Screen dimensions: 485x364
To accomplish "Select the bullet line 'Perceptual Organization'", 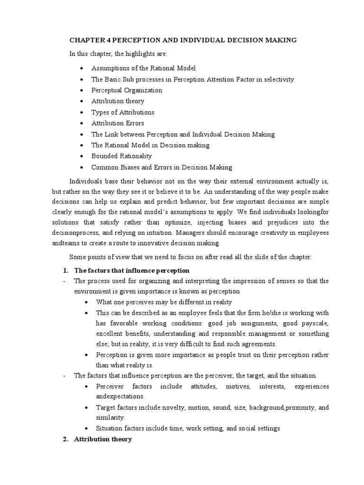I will click(x=127, y=90).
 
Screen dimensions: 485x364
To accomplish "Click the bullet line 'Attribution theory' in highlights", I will click(x=118, y=101).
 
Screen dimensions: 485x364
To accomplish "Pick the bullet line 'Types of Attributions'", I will click(x=123, y=112).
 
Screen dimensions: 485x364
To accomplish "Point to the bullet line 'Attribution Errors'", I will click(x=118, y=123).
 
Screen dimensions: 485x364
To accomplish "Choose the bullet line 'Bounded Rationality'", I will click(x=121, y=156).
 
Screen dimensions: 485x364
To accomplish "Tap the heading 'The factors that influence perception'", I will click(x=132, y=270).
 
